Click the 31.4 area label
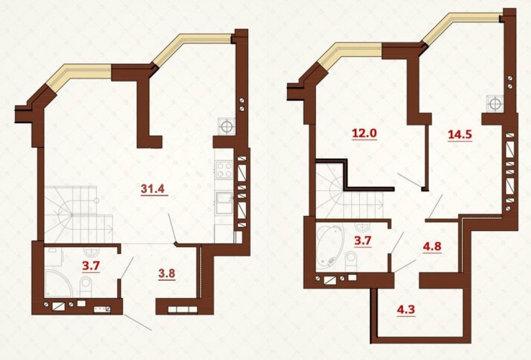[153, 188]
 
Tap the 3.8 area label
[167, 273]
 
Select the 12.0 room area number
[364, 133]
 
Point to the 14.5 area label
[460, 135]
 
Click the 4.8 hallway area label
[432, 246]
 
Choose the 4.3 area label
[406, 310]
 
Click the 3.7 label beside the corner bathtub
[363, 241]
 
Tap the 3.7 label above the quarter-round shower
[91, 266]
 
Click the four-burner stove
[224, 169]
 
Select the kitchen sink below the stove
[224, 203]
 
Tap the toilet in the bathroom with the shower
[86, 287]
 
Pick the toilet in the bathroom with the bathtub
[351, 262]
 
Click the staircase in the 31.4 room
[78, 215]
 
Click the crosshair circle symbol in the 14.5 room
[495, 103]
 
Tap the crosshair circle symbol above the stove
[227, 127]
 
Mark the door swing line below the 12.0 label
[410, 181]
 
